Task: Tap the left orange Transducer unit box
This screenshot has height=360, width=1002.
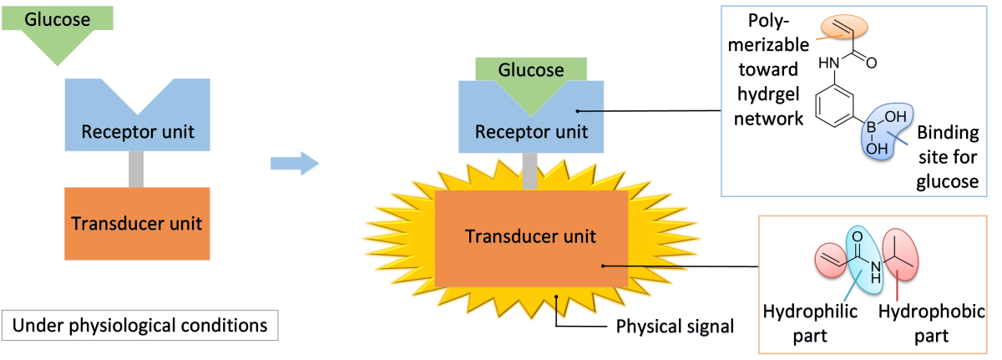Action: tap(137, 224)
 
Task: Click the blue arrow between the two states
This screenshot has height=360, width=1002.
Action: tap(295, 162)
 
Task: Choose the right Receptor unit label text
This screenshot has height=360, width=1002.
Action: tap(531, 132)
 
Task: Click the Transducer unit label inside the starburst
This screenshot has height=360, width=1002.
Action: tap(531, 236)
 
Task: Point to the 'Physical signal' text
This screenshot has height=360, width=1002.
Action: tap(675, 327)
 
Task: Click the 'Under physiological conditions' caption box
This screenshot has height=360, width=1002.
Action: tap(140, 327)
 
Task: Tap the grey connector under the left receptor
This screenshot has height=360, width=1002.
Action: tap(137, 170)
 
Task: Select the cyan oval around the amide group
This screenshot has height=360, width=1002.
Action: tap(864, 259)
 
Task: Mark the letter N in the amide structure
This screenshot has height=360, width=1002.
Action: tap(874, 267)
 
